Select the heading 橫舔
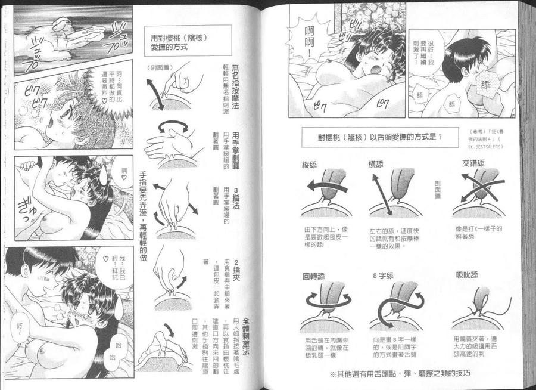378,163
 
